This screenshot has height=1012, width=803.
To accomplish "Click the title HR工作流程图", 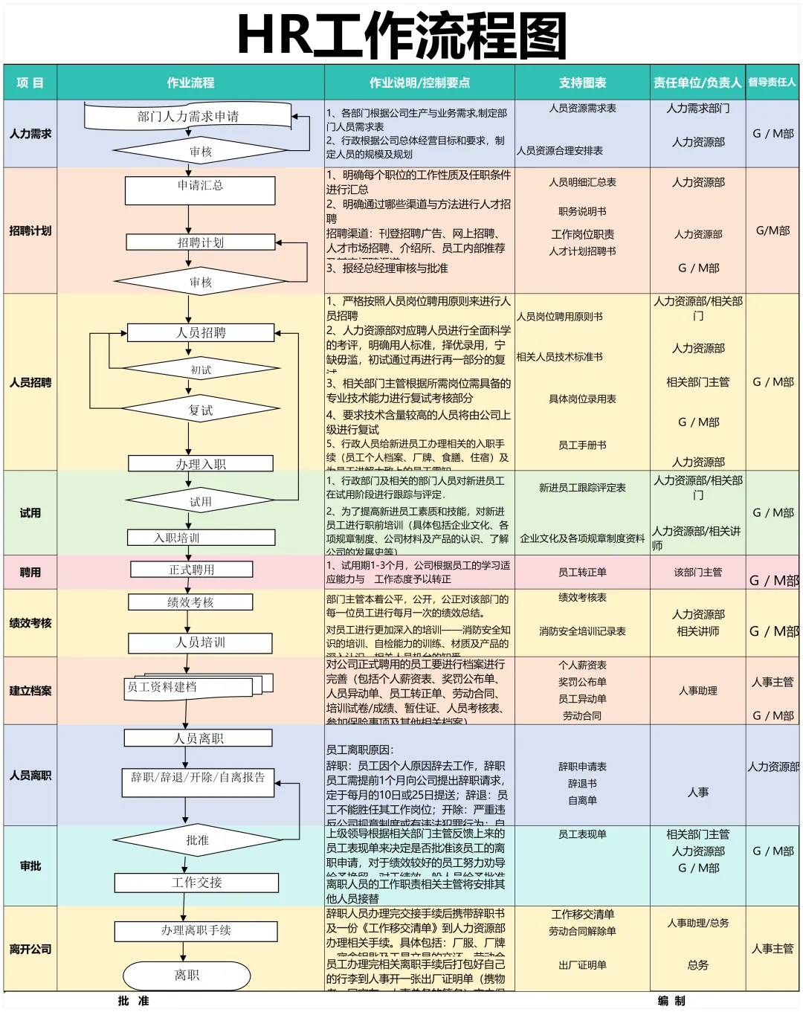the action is pos(401,35).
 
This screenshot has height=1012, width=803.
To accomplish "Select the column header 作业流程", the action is pos(190,83).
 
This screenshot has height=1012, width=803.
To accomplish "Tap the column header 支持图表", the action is pos(582,83).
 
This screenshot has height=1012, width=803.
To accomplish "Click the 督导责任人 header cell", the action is pos(772,83).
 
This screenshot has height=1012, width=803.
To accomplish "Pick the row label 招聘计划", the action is pos(30,231).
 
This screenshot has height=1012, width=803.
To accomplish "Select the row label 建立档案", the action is pos(30,691).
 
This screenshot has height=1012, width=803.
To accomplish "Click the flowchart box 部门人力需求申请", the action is pos(188,116).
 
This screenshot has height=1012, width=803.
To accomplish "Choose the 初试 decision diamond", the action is pos(201,370).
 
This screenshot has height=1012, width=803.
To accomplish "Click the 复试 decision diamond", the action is pos(201,410).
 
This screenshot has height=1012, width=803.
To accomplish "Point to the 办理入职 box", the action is pos(201,464).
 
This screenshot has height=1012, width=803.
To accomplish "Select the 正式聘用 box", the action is pos(192,570).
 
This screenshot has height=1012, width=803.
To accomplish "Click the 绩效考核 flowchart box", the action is pos(190,602).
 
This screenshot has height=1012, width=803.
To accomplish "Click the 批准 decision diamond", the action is pos(198,840).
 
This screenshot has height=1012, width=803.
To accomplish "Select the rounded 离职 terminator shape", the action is pos(187,975).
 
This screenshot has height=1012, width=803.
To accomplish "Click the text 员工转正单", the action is pos(582,572).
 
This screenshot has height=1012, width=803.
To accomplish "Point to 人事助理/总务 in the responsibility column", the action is pos(697,923).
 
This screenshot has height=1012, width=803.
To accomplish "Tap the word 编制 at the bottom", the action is pos(671,1001).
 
